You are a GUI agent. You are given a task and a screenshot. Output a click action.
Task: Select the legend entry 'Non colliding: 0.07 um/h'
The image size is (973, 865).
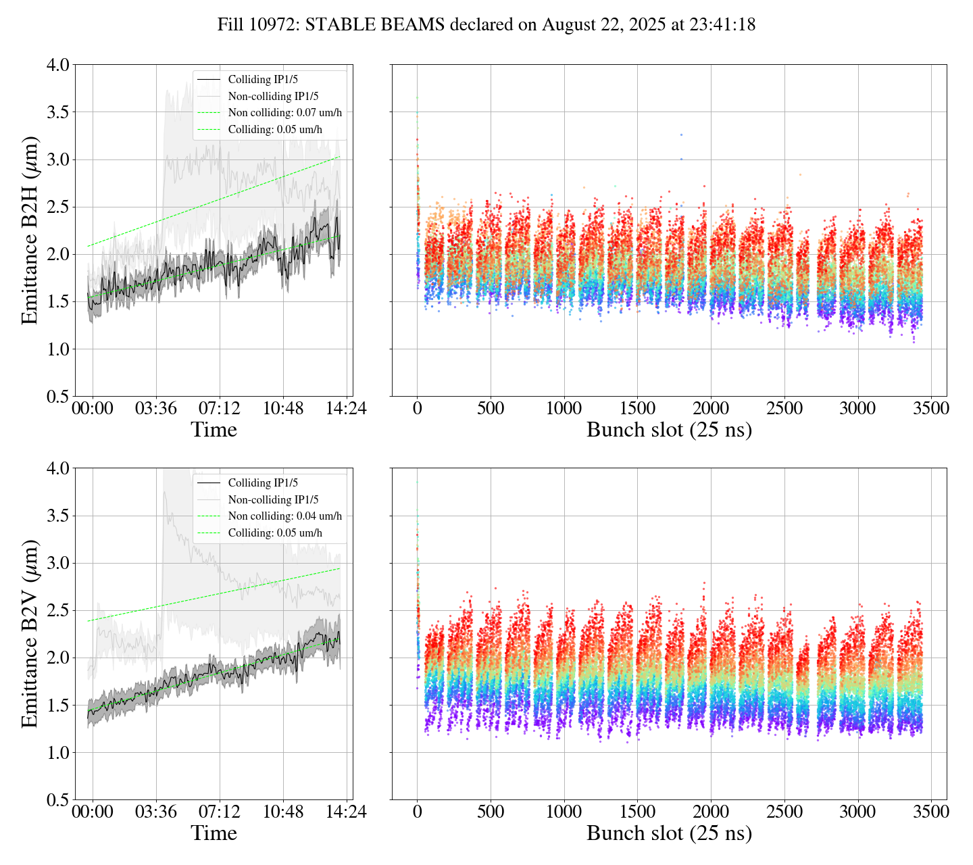284,113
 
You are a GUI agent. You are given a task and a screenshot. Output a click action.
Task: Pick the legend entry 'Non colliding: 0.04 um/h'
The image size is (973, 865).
284,516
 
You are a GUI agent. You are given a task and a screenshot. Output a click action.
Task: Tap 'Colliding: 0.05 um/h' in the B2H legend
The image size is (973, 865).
275,130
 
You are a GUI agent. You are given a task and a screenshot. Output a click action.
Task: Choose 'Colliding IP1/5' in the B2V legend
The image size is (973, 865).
263,483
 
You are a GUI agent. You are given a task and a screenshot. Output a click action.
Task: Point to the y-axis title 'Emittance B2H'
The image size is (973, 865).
30,230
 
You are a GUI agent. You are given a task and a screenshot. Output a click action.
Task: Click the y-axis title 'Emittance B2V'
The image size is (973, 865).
30,633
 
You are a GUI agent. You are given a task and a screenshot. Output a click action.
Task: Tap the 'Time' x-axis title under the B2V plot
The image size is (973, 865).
214,833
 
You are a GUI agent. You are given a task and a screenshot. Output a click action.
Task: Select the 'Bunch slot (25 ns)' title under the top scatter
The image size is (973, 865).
669,430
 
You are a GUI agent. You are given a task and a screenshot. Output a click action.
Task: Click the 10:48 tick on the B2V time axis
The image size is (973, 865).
283,812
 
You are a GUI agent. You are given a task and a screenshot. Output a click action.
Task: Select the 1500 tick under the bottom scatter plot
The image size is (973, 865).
637,812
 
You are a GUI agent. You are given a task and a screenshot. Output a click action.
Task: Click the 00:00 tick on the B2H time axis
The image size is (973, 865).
93,409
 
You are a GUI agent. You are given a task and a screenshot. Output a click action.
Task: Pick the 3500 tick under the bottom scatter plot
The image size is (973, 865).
930,812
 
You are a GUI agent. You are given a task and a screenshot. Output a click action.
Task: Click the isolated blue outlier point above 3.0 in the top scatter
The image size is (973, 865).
681,134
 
